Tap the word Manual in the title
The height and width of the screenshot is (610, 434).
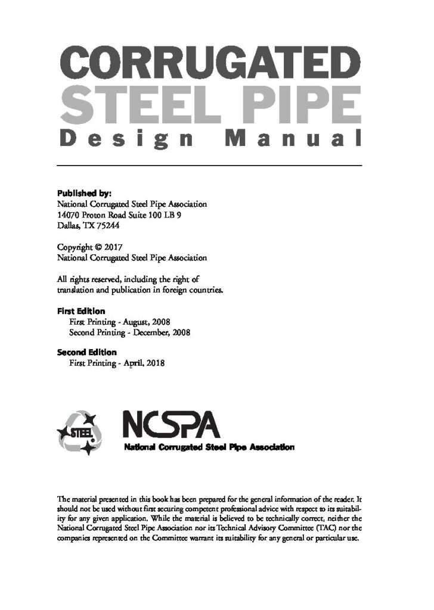point(292,139)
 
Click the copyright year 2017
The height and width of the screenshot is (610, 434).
point(112,247)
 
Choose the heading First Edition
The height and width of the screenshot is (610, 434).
point(81,311)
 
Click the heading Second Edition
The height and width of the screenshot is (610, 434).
point(86,352)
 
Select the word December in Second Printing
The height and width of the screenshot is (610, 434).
point(148,332)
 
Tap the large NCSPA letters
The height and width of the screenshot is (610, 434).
point(171,425)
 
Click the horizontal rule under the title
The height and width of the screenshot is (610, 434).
point(209,165)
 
